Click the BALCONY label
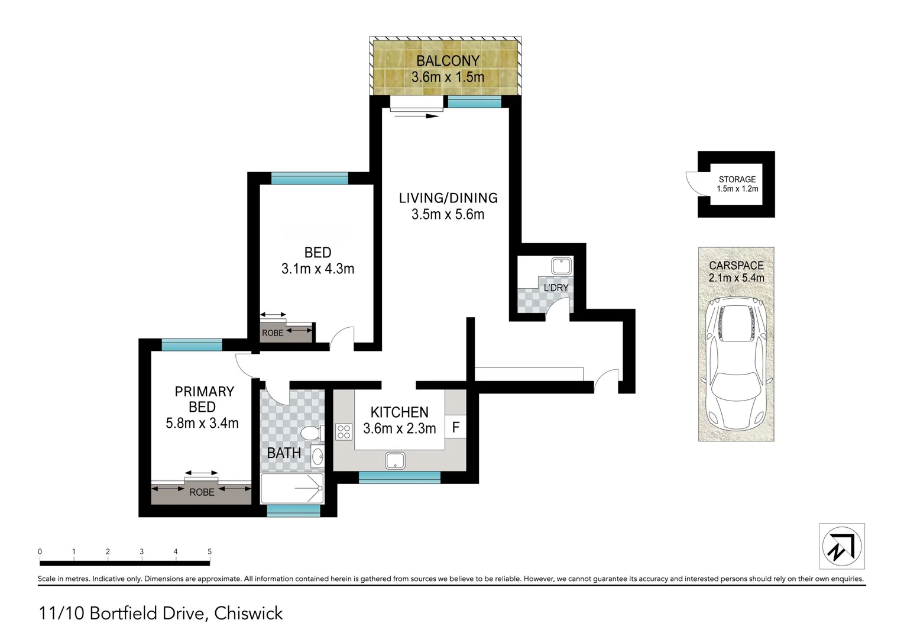coord(448,60)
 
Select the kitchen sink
coord(394,460)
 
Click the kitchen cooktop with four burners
coord(344,432)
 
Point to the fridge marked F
coord(456,427)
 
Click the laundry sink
coord(559,264)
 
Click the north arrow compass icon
coord(841,546)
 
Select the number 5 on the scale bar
coord(210,551)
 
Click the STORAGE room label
coord(737,179)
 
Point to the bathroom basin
coord(318,457)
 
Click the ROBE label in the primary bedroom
coord(202,492)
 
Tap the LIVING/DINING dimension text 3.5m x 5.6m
coord(448,214)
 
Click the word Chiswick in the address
coord(248,614)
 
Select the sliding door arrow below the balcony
coord(416,116)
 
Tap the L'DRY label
coord(556,288)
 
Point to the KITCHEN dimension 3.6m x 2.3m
coord(399,428)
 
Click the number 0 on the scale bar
coord(40,551)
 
